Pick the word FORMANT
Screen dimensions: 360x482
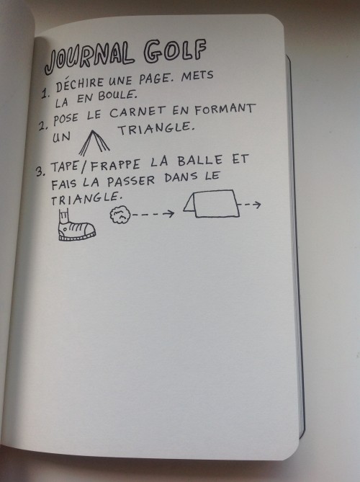tap(225, 109)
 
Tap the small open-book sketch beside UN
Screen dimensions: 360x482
tap(94, 143)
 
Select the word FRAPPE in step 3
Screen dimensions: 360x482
tap(115, 165)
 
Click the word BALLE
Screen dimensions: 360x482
tap(200, 161)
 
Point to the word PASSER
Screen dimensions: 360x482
tap(131, 181)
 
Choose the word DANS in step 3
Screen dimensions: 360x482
tap(181, 177)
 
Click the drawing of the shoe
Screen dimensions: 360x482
tap(76, 226)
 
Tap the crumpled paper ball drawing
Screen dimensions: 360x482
tap(120, 215)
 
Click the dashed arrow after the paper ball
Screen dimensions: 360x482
tap(153, 214)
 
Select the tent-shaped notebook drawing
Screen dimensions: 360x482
tap(211, 203)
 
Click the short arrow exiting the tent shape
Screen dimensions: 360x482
tap(250, 205)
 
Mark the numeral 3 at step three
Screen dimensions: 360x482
tap(40, 171)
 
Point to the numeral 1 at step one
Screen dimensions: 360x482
tap(45, 93)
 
